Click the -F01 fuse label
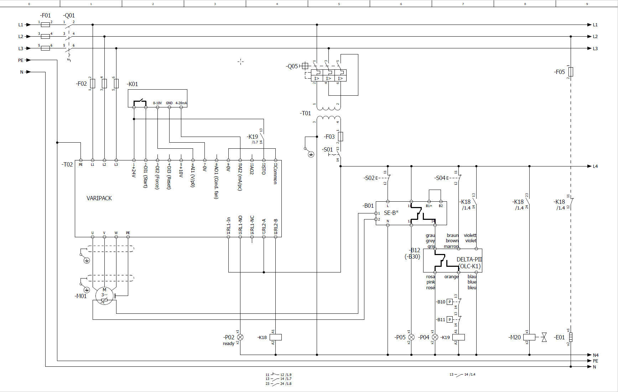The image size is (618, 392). pyautogui.click(x=46, y=15)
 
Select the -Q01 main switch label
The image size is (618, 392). pyautogui.click(x=69, y=15)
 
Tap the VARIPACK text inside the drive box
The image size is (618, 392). pyautogui.click(x=99, y=198)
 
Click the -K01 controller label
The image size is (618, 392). pyautogui.click(x=132, y=84)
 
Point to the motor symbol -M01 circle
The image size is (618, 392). pyautogui.click(x=104, y=295)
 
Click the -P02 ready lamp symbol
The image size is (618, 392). pyautogui.click(x=240, y=337)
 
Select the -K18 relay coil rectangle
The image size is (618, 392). pyautogui.click(x=276, y=337)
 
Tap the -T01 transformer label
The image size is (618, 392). pyautogui.click(x=305, y=113)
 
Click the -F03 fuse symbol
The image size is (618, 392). pyautogui.click(x=341, y=136)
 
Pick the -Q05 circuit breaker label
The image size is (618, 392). pyautogui.click(x=292, y=66)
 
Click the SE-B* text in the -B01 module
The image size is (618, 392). pyautogui.click(x=391, y=213)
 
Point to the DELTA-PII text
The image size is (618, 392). pyautogui.click(x=469, y=259)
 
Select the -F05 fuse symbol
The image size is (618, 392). pyautogui.click(x=571, y=72)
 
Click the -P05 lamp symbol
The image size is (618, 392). pyautogui.click(x=411, y=337)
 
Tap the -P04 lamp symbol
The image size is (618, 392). pyautogui.click(x=435, y=337)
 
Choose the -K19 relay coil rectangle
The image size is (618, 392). pyautogui.click(x=458, y=337)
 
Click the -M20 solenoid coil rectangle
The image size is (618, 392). pyautogui.click(x=529, y=337)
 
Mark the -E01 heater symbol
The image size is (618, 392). pyautogui.click(x=571, y=337)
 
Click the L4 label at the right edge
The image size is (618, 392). pyautogui.click(x=595, y=166)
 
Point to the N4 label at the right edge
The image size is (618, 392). pyautogui.click(x=596, y=355)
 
